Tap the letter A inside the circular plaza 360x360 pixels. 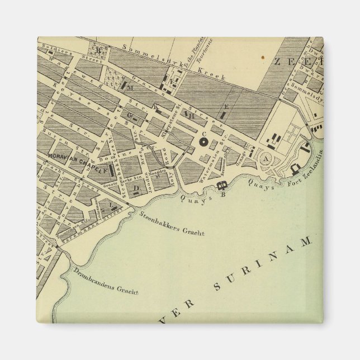pyautogui.click(x=266, y=159)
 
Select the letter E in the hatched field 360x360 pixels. pyautogui.click(x=226, y=106)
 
